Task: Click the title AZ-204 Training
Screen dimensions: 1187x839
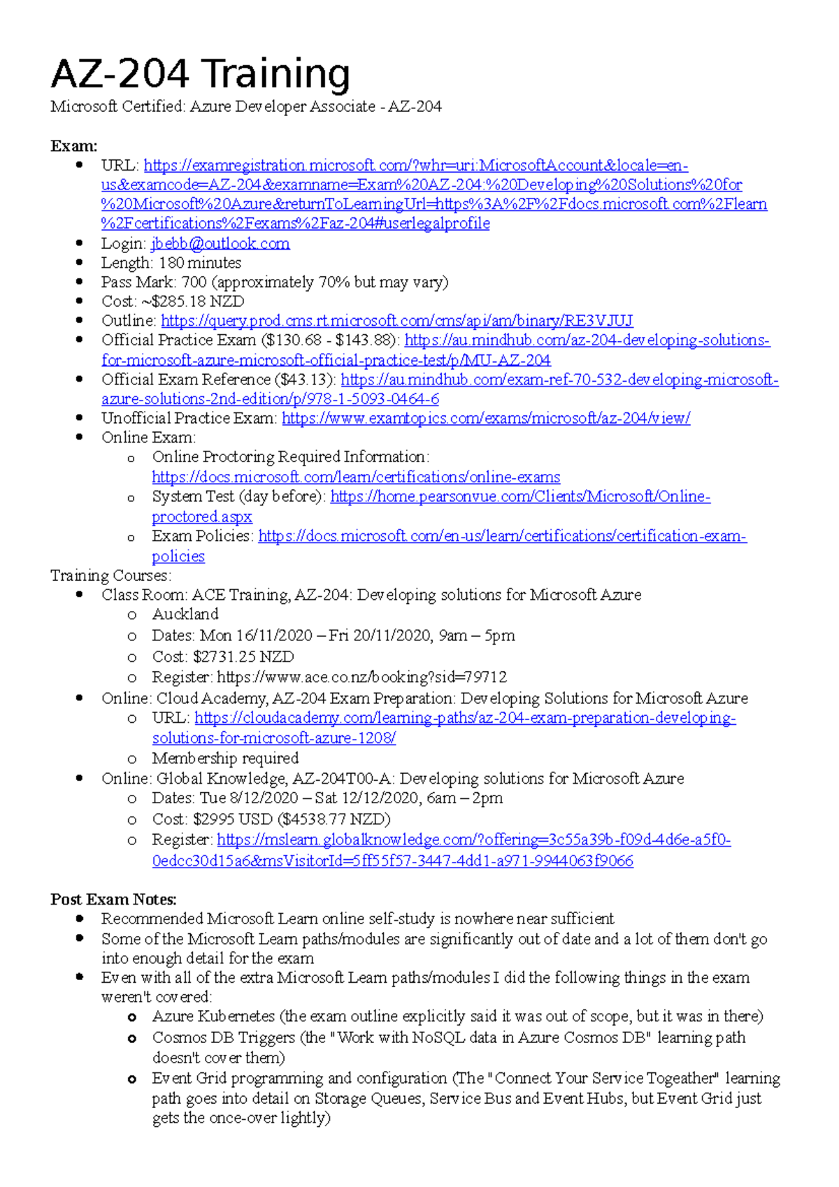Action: coord(200,74)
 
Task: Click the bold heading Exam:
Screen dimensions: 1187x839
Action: coord(73,146)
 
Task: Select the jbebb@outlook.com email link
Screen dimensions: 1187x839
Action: coord(220,243)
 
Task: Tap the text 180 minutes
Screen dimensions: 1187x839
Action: coord(200,263)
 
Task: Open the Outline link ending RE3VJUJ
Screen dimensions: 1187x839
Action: coord(396,321)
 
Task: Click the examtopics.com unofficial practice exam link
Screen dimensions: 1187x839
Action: coord(486,418)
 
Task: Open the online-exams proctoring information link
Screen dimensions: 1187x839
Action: coord(356,477)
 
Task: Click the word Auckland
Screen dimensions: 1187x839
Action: coord(185,614)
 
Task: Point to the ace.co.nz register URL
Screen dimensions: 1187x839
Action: coord(361,677)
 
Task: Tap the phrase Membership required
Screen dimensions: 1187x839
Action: coord(225,758)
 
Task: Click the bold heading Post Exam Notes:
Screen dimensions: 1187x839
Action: coord(113,899)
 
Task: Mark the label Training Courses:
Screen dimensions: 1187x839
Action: coord(110,575)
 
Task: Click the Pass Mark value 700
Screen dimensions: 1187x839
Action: coord(194,282)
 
